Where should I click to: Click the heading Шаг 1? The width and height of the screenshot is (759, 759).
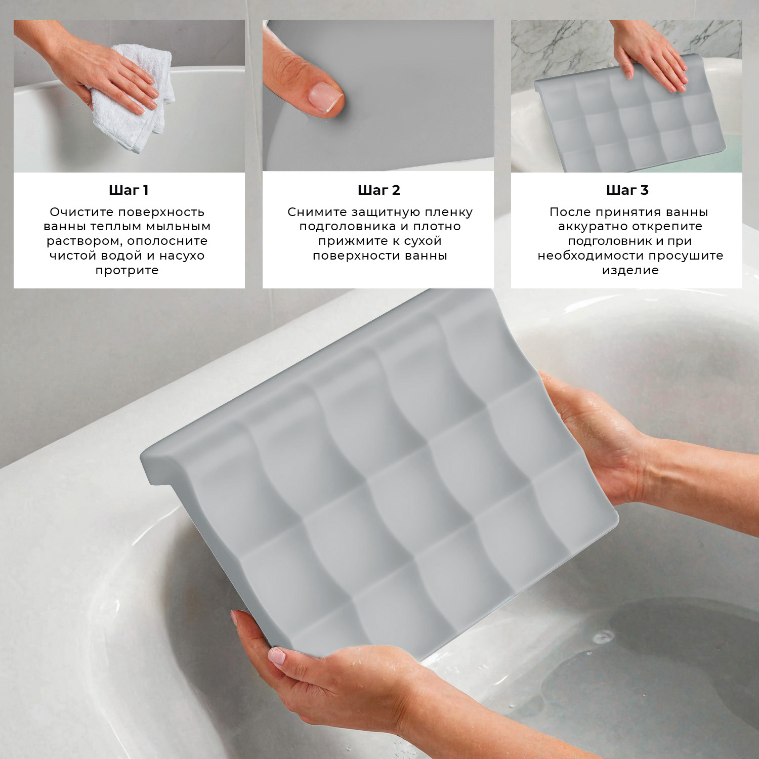pyautogui.click(x=129, y=190)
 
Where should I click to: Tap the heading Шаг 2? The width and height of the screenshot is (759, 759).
pyautogui.click(x=378, y=190)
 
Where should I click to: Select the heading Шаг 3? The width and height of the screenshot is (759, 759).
pyautogui.click(x=627, y=190)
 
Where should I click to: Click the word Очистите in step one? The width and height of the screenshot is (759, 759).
pyautogui.click(x=82, y=212)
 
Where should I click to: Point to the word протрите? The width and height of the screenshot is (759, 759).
pyautogui.click(x=127, y=270)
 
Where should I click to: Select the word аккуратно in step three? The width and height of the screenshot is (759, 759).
pyautogui.click(x=592, y=227)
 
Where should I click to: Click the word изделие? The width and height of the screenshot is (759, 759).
pyautogui.click(x=630, y=270)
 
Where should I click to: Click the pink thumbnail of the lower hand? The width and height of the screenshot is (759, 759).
pyautogui.click(x=277, y=656)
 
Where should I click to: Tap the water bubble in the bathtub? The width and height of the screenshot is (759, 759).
pyautogui.click(x=604, y=635)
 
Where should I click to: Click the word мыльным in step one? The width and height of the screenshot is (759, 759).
pyautogui.click(x=178, y=227)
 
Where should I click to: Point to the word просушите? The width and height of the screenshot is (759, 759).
pyautogui.click(x=690, y=256)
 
